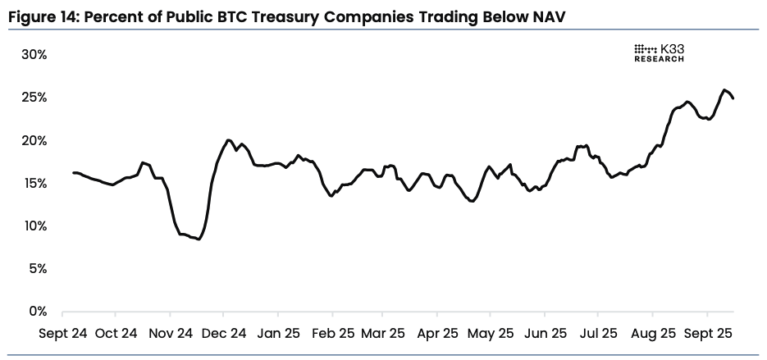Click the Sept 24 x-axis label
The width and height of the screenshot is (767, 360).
pyautogui.click(x=62, y=334)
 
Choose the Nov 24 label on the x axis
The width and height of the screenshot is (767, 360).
pyautogui.click(x=170, y=334)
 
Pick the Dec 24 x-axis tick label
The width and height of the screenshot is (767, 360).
pyautogui.click(x=223, y=334)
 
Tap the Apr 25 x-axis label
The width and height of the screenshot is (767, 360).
pyautogui.click(x=438, y=334)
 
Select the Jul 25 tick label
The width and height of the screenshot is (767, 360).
pyautogui.click(x=599, y=334)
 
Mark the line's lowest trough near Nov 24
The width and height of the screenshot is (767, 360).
pyautogui.click(x=199, y=239)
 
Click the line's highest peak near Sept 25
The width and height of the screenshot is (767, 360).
pyautogui.click(x=724, y=89)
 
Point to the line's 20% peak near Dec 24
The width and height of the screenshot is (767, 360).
pyautogui.click(x=228, y=140)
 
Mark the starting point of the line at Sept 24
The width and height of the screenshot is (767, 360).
pyautogui.click(x=73, y=172)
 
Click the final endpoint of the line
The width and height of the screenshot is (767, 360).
pyautogui.click(x=733, y=98)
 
